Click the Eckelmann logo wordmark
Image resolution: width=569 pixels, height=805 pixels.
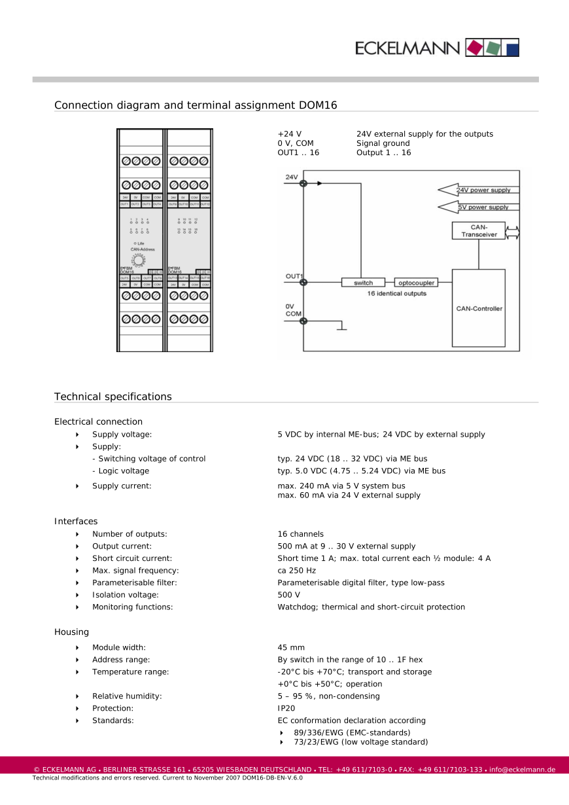[x=407, y=48]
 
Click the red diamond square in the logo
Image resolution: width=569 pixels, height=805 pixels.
[x=474, y=48]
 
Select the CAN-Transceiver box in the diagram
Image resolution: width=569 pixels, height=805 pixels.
[x=479, y=230]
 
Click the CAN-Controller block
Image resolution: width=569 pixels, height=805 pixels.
[x=479, y=308]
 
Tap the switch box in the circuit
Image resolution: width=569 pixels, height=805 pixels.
[x=363, y=283]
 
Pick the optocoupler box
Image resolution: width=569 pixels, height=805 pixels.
[x=415, y=283]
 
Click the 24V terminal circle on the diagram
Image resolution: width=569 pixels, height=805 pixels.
[x=303, y=183]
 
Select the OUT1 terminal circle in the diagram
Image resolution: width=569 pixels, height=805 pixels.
[x=303, y=283]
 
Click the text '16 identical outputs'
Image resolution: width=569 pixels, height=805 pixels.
[x=396, y=294]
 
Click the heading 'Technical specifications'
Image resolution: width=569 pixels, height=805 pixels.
[x=113, y=397]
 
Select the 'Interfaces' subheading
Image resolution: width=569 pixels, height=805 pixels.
[x=76, y=522]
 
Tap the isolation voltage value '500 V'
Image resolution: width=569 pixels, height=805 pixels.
[x=289, y=595]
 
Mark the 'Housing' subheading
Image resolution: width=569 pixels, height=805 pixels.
[x=72, y=632]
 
